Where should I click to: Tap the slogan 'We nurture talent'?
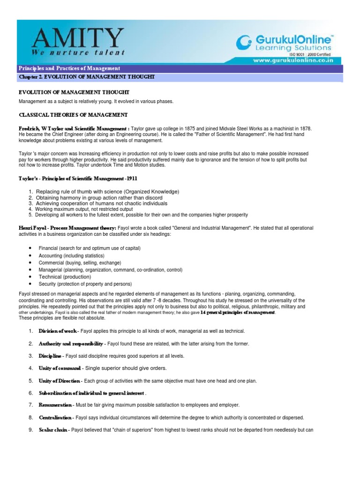78,52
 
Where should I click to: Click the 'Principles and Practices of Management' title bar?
69,68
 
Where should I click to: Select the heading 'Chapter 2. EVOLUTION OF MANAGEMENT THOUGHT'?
86,76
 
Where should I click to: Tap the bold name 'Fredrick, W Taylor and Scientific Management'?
72,128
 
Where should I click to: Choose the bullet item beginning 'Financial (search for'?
89,248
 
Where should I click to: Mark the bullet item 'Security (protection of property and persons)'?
85,284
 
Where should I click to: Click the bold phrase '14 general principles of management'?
238,312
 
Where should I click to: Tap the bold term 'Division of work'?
57,331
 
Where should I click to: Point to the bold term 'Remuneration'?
55,405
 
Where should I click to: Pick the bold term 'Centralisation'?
55,417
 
